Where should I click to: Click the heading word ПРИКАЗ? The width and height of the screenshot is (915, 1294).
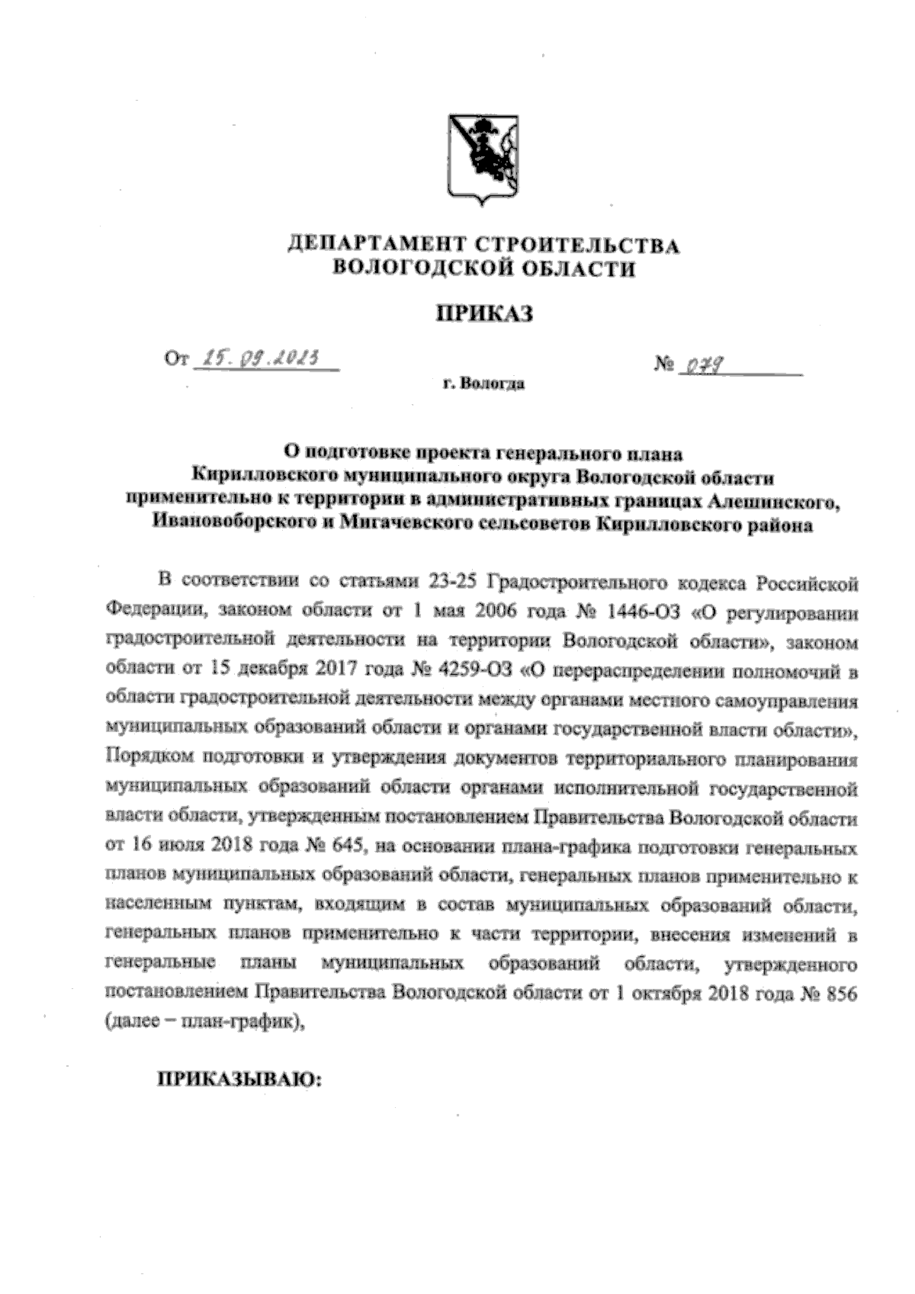click(x=483, y=313)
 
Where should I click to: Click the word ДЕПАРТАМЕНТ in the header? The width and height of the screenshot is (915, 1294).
click(x=374, y=246)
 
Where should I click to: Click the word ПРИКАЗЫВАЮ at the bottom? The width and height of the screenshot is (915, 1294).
click(x=240, y=1079)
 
